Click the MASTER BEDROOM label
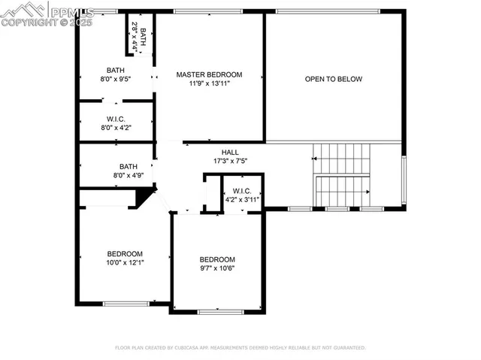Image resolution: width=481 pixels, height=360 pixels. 209,74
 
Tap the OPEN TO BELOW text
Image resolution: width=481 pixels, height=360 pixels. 333,79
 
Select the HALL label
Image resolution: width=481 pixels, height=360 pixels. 230,152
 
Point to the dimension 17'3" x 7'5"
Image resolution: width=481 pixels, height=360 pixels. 230,161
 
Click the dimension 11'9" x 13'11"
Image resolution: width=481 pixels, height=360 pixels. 209,83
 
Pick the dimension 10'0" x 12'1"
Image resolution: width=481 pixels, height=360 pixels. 125,263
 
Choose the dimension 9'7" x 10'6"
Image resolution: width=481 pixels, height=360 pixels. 217,268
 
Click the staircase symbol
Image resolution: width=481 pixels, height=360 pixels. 343,175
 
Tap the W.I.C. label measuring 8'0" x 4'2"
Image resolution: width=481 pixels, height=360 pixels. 115,118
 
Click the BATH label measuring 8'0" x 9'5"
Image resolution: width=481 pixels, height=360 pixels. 115,70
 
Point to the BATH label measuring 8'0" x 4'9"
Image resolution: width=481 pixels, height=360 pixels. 129,166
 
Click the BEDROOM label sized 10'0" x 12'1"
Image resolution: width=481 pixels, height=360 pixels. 125,254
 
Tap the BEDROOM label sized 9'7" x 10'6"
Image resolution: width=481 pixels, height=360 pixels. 217,259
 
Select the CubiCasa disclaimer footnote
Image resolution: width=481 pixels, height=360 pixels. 240,348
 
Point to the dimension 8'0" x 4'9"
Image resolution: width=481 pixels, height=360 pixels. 129,175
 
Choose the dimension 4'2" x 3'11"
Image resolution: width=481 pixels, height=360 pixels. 242,199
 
